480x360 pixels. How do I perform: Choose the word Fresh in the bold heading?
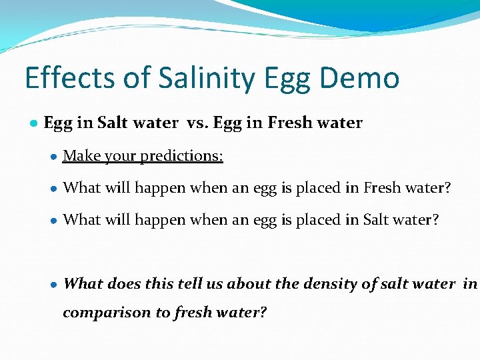click(289, 123)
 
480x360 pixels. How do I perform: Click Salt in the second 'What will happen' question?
click(377, 220)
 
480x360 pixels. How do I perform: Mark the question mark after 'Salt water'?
click(436, 220)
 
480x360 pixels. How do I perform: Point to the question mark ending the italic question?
click(263, 313)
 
